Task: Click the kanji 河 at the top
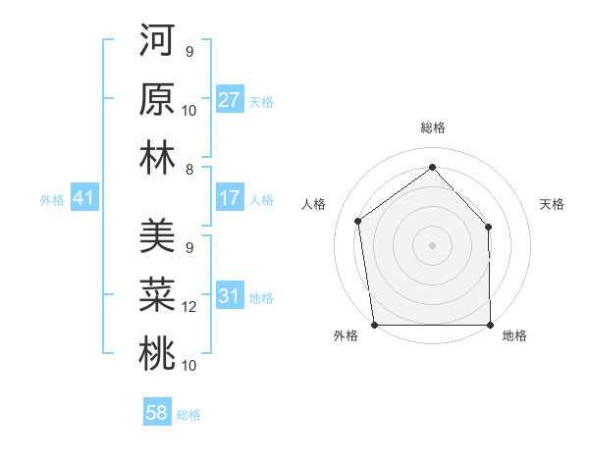click(157, 44)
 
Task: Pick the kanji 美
click(157, 235)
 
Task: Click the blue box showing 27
click(230, 100)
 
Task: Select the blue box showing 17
click(230, 199)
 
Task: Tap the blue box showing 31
click(230, 297)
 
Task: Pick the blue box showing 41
click(83, 199)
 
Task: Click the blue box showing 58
click(157, 413)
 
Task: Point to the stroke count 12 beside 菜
click(189, 307)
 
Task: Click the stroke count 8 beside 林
click(188, 170)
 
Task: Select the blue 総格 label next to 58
click(188, 414)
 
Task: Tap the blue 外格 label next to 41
click(52, 200)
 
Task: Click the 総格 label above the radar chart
click(432, 128)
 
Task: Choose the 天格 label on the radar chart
click(552, 204)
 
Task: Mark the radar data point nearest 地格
click(491, 324)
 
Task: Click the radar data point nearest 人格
click(358, 221)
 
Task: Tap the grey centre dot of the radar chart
click(432, 244)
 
